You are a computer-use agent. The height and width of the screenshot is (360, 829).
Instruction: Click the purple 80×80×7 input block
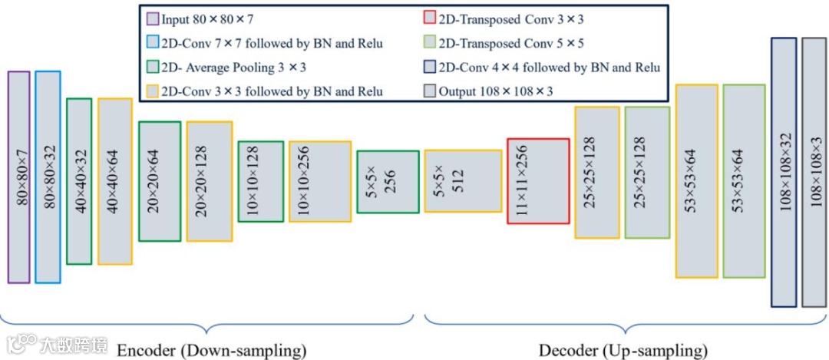18,177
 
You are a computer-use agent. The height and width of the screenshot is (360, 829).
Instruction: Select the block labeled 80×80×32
48,177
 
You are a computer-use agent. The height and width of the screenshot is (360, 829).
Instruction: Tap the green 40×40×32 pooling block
78,181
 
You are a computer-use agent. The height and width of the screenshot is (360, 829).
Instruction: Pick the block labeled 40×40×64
114,181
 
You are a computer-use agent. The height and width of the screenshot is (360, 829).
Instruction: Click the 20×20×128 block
209,181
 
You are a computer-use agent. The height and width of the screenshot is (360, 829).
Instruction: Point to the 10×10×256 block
319,181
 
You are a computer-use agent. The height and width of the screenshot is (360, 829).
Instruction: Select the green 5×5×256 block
388,181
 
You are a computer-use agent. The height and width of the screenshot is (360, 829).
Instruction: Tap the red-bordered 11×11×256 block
538,181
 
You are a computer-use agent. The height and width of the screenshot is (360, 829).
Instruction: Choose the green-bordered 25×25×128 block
646,173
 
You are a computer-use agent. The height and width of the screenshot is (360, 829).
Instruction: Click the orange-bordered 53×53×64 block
696,181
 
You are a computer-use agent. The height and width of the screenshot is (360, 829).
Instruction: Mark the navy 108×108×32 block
784,172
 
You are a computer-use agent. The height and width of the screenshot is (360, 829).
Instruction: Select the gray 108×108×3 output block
814,172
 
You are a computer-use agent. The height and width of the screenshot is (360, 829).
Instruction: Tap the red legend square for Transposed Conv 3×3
428,18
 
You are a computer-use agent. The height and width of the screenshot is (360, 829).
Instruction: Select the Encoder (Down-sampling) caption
211,351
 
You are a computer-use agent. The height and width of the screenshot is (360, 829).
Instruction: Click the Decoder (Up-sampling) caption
623,351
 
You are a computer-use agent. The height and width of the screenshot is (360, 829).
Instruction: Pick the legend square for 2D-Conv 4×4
428,67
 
